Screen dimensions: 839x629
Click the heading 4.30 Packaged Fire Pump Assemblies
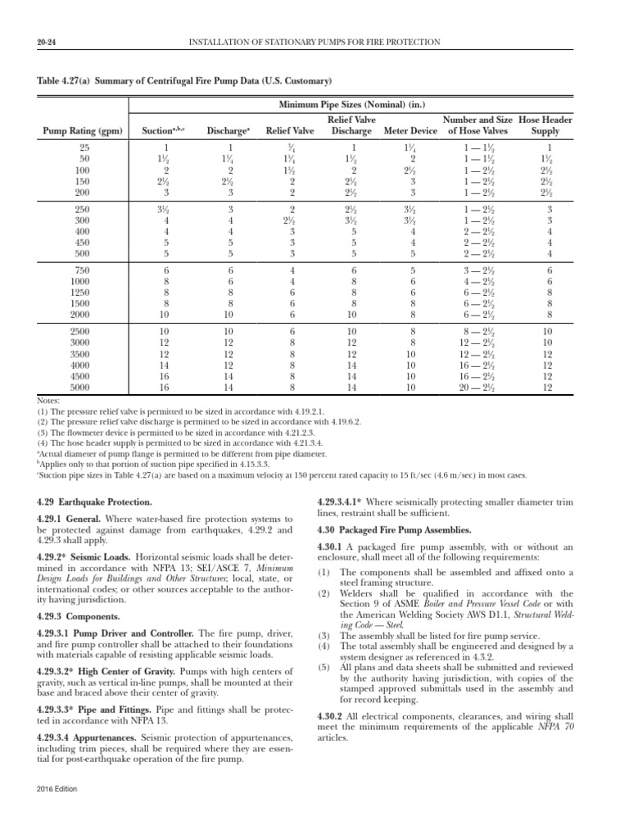pyautogui.click(x=394, y=530)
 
